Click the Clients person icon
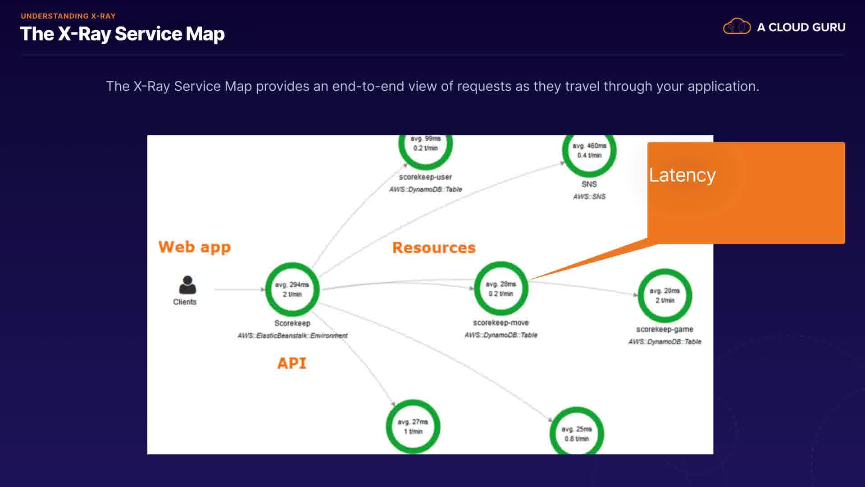187,285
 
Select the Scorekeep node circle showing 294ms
292,289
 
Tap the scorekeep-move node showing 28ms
501,289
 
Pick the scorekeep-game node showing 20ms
665,295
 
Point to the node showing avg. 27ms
413,427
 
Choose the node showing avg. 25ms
577,433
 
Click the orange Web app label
195,247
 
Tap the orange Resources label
434,248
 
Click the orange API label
292,363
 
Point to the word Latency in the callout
682,175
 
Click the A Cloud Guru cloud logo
737,27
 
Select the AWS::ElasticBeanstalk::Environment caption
292,335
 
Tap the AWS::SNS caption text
589,197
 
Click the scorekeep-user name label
425,177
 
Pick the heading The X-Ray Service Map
123,34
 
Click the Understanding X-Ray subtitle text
68,16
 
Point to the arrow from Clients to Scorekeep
239,289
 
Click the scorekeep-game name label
665,330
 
